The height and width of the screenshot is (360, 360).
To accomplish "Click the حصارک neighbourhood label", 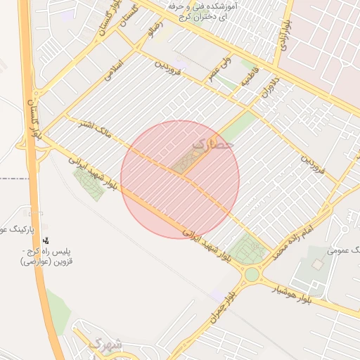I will [x=212, y=144].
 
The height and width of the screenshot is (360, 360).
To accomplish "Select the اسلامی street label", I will [x=113, y=73].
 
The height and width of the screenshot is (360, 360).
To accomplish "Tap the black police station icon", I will [x=46, y=241].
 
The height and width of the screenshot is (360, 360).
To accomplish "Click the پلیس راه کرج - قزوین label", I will [x=50, y=256].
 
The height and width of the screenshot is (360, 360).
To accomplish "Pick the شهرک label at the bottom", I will [x=105, y=345].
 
